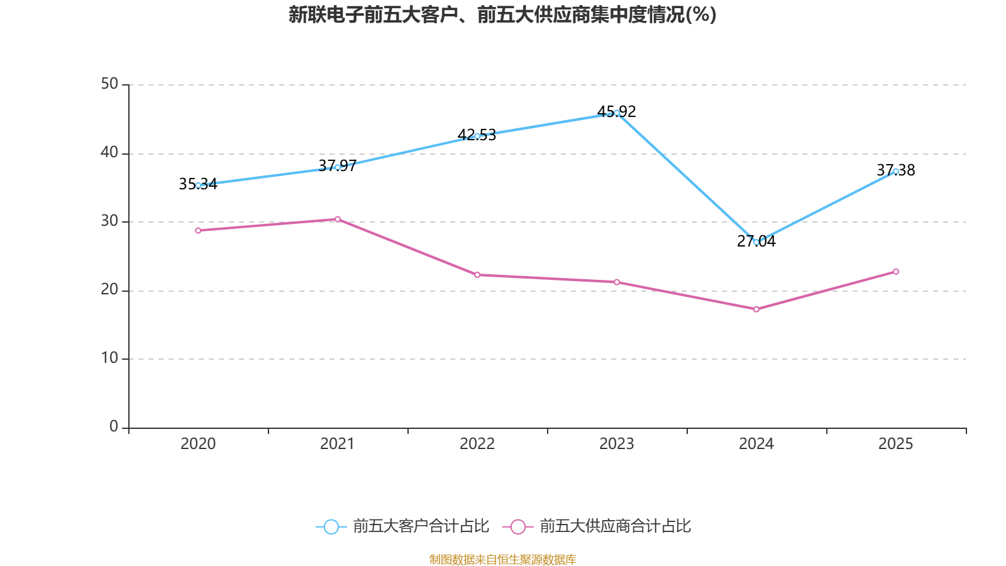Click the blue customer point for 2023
pos(617,113)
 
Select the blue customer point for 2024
pos(756,242)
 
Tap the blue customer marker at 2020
pos(198,186)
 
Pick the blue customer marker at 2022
pos(477,136)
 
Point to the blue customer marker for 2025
pos(896,171)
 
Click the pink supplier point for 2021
pos(338,219)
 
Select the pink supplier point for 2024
pos(756,309)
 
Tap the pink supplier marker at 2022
pos(477,275)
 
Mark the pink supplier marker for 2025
pos(896,272)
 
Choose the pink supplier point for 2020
pos(198,231)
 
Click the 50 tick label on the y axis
pos(109,84)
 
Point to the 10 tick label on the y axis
pos(109,358)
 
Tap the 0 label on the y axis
pos(114,427)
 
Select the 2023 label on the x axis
pos(617,444)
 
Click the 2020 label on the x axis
pos(198,444)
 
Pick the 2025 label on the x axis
pos(896,444)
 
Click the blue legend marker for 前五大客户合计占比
pos(331,526)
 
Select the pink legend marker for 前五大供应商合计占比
pos(517,526)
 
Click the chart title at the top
pos(502,14)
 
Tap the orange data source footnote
pos(502,559)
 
